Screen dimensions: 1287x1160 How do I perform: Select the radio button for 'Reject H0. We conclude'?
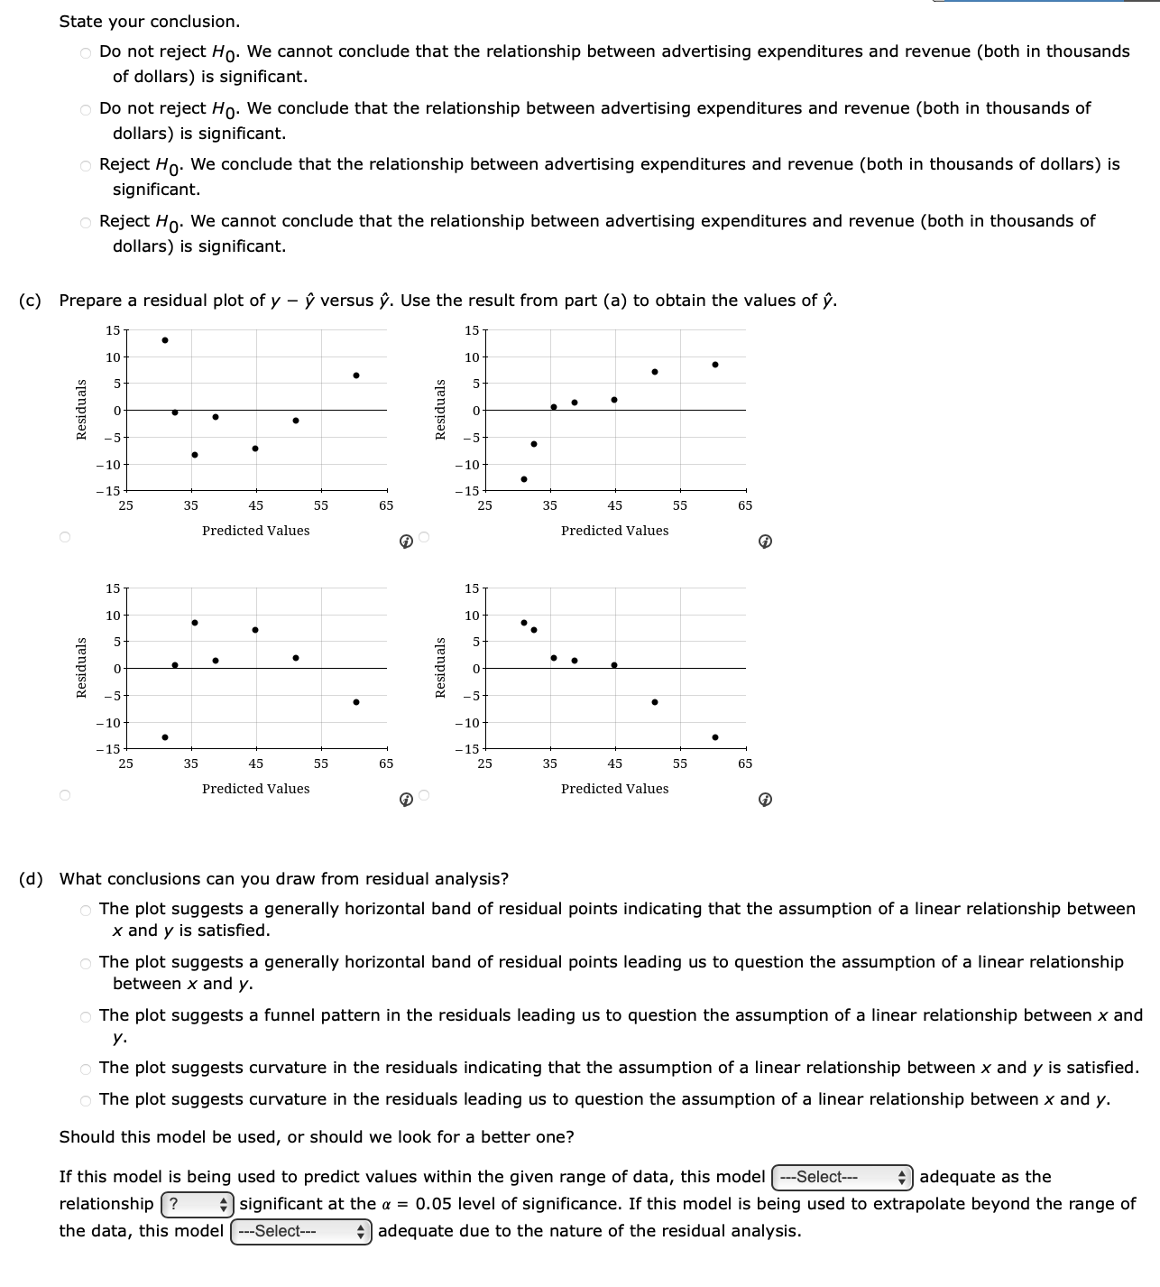[x=86, y=165]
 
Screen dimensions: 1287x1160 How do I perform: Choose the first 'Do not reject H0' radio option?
[x=86, y=52]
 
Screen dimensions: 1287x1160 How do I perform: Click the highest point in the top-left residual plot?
[x=165, y=340]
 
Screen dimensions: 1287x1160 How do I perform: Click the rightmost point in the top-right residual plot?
[x=715, y=365]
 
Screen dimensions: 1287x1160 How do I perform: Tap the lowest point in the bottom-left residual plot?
[x=165, y=737]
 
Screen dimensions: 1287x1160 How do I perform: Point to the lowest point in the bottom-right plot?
[x=715, y=737]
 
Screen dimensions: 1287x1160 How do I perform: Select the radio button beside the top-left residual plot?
[x=64, y=538]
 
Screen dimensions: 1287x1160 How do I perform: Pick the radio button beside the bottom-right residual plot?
[x=425, y=795]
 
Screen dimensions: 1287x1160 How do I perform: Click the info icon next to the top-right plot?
[x=765, y=542]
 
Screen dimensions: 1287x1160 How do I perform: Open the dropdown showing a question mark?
[x=197, y=1204]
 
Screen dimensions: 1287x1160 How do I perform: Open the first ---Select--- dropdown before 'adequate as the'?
[x=842, y=1177]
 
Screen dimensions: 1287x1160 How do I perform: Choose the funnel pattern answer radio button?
[x=86, y=1017]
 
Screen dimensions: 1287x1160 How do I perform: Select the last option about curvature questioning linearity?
[x=86, y=1100]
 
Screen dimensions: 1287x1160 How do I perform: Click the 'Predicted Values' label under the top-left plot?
[x=255, y=531]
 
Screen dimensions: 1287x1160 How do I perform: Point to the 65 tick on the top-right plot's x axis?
[x=745, y=505]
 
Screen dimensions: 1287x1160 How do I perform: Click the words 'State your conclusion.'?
[x=150, y=21]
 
